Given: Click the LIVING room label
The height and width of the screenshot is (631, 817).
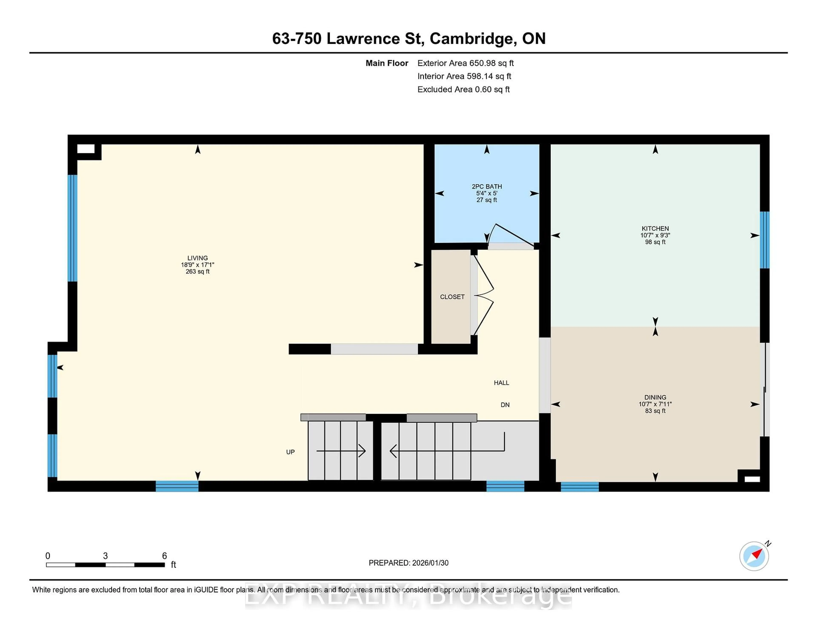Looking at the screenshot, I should [197, 258].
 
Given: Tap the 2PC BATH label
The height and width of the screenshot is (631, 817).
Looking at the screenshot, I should [486, 186].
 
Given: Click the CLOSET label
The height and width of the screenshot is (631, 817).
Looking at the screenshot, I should [452, 297].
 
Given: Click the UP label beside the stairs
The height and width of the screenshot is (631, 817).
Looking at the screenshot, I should [290, 452].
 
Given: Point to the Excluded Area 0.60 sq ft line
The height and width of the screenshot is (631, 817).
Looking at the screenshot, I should [463, 89].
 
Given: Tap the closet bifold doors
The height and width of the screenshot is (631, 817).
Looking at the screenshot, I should [483, 295].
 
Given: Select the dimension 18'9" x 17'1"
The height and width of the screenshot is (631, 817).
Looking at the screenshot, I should [197, 265].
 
